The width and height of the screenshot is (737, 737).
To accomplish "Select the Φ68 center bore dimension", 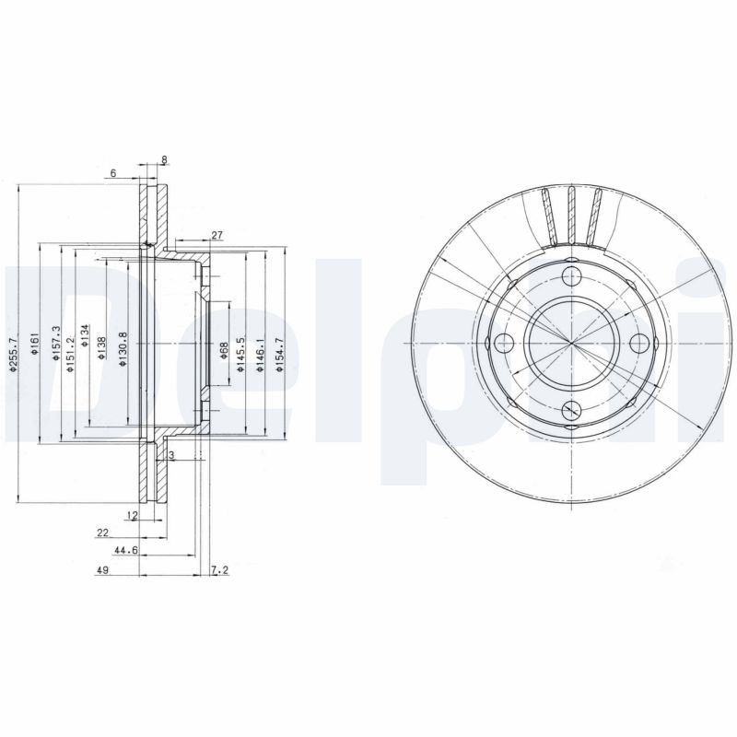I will (x=224, y=350).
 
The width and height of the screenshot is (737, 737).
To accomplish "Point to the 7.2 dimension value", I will (x=219, y=571).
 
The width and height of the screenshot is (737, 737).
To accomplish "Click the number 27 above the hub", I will (x=217, y=236).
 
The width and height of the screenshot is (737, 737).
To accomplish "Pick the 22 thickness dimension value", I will (x=102, y=532).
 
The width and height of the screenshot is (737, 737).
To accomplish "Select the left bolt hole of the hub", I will (x=503, y=344).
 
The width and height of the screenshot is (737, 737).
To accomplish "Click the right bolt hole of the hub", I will (x=639, y=344).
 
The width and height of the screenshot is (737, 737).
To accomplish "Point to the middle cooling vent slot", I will (x=571, y=214).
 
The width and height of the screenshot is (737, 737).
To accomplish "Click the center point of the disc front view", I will (x=571, y=344).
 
